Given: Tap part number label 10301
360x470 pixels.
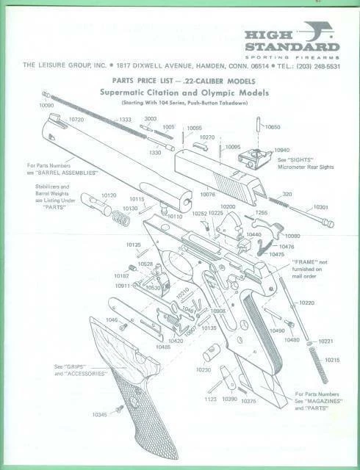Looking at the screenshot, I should (x=320, y=207).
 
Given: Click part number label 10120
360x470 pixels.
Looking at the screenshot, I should (x=109, y=195).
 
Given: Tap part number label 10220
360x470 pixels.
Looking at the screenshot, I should (x=307, y=303).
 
